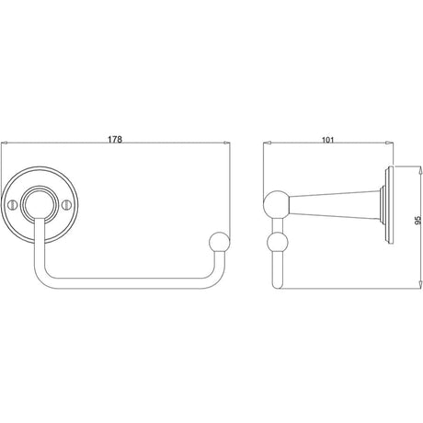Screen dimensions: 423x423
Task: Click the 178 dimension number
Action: pos(115,139)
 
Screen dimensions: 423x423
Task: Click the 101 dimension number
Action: pos(327,140)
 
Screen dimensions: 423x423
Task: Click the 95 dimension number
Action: pos(417,219)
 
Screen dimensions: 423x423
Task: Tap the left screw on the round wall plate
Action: pos(12,204)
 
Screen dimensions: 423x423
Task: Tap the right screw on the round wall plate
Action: pos(66,204)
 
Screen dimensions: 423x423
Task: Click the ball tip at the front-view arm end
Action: pos(219,241)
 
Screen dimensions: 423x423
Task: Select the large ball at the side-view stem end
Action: pos(277,204)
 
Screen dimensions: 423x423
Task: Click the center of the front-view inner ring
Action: pos(39,204)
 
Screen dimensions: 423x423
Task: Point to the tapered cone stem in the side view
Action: pos(336,205)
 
